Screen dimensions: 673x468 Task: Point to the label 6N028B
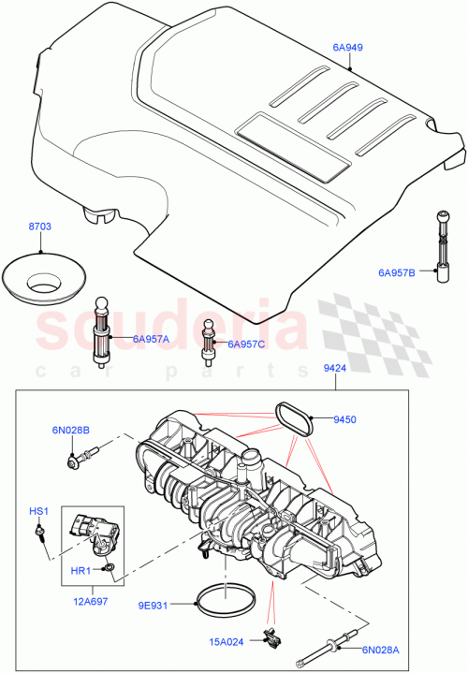click(71, 431)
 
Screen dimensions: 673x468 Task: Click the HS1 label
click(37, 511)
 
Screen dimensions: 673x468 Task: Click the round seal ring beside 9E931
click(223, 596)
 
